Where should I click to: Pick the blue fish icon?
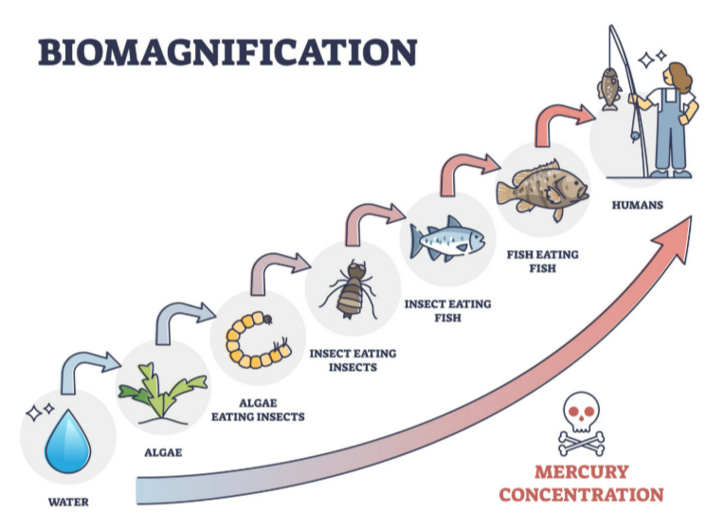(446, 239)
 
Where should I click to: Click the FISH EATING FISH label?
(542, 261)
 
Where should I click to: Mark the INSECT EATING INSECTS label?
(353, 359)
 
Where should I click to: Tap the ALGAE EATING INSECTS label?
(258, 409)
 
